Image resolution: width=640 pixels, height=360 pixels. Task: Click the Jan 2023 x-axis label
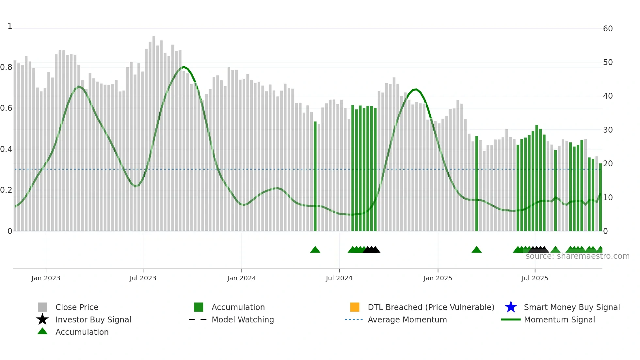[x=46, y=278]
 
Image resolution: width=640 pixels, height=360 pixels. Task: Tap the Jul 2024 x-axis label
[x=339, y=278]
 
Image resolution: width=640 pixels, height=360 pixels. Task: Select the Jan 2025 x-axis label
[x=438, y=278]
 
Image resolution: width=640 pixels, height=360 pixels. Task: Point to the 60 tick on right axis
[x=608, y=29]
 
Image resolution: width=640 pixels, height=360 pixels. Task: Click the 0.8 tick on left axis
[x=6, y=67]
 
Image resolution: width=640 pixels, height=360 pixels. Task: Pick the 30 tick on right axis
[x=608, y=130]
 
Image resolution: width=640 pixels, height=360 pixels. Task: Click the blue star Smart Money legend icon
[x=511, y=307]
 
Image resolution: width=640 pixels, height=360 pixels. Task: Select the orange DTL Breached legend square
[x=355, y=307]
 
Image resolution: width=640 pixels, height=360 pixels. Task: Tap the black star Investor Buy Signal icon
[x=42, y=319]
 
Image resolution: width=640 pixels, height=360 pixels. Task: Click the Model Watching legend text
[x=243, y=319]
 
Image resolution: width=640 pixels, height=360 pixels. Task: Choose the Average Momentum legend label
[x=407, y=319]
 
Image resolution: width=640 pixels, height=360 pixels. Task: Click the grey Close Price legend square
[x=42, y=307]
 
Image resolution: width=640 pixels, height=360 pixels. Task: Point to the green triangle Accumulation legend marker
[x=42, y=331]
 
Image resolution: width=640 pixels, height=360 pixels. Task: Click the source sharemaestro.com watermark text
[x=577, y=256]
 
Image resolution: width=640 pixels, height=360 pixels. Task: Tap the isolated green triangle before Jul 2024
[x=315, y=250]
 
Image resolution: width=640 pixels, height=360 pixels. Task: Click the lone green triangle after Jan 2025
[x=476, y=250]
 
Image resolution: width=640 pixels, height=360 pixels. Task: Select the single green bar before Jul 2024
[x=315, y=176]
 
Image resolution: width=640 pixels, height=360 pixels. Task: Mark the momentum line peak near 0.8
[x=184, y=67]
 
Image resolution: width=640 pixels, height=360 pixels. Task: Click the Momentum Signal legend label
[x=559, y=319]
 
